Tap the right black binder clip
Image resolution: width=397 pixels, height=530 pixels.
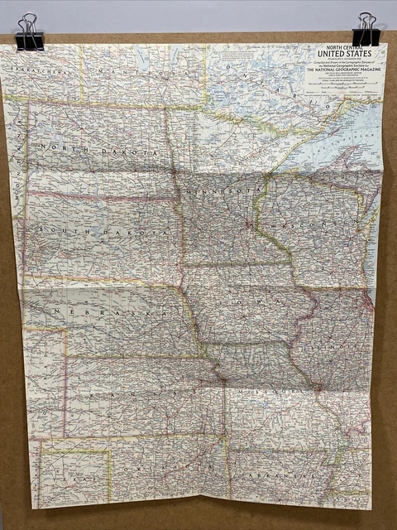(366, 31)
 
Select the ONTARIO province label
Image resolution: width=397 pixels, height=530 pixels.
(273, 83)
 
